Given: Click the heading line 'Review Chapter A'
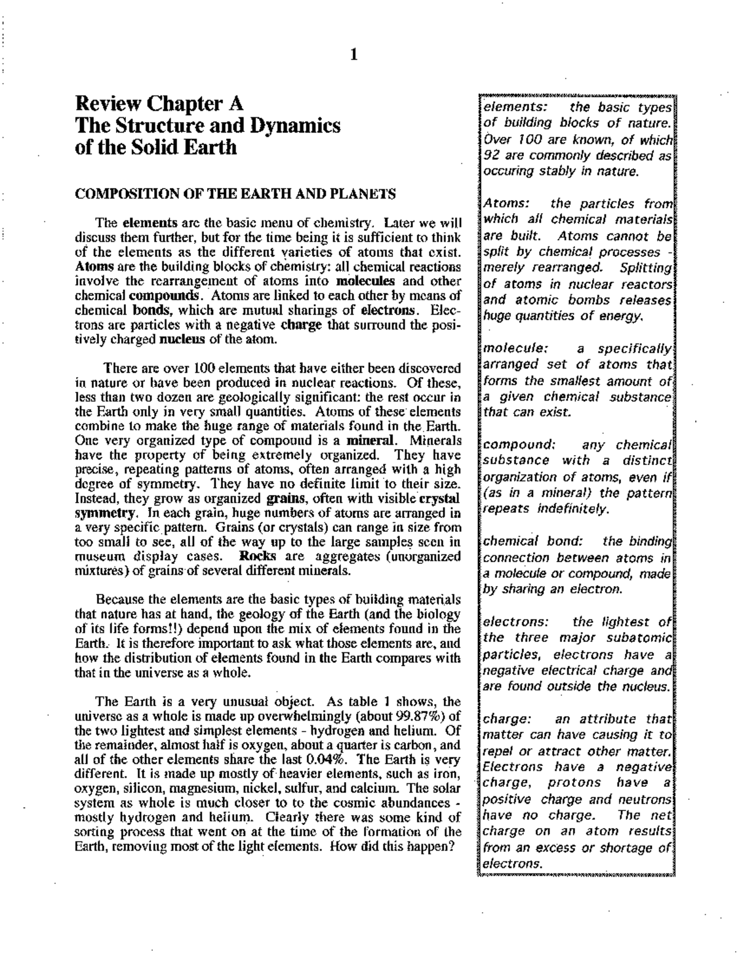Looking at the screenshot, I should pyautogui.click(x=159, y=103).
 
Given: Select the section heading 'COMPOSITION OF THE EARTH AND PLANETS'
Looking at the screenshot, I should pyautogui.click(x=235, y=194).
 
